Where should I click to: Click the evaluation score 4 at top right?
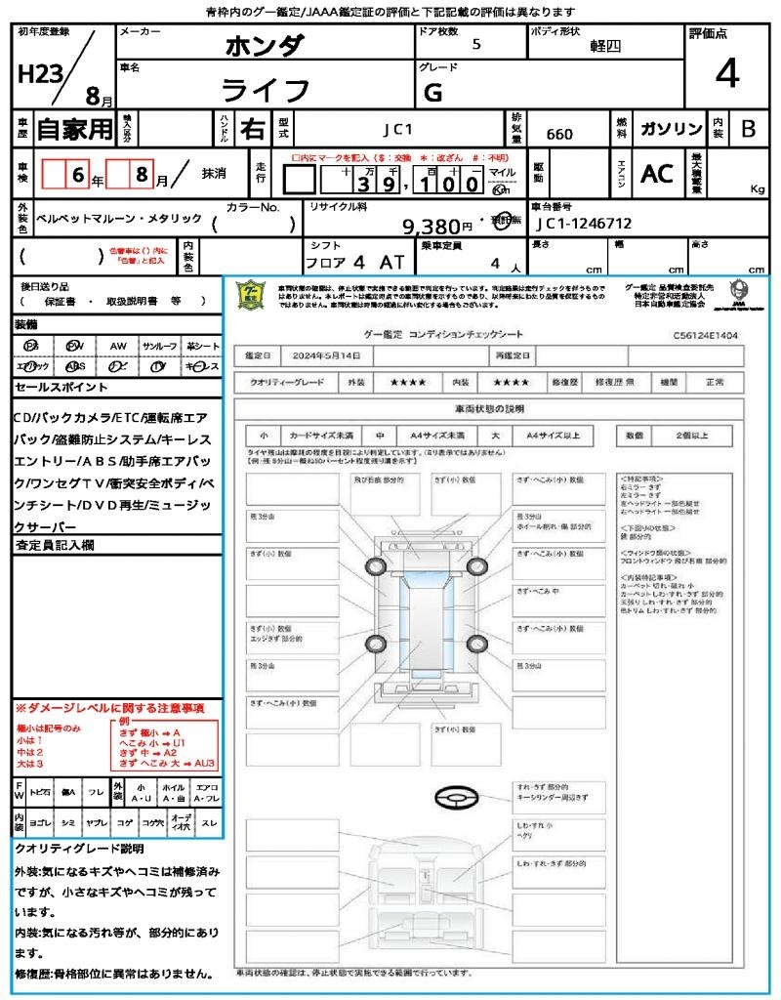(x=726, y=73)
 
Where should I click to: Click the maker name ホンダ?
(x=265, y=46)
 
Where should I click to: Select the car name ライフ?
(x=266, y=91)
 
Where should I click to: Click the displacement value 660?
(x=559, y=135)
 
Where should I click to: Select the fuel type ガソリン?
(x=671, y=129)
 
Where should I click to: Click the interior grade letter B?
(x=748, y=129)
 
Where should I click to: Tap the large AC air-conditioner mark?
(x=657, y=174)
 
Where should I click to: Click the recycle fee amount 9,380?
(x=432, y=227)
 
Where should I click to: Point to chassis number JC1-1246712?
(x=584, y=224)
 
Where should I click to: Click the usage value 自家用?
(x=75, y=128)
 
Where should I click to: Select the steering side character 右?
(x=253, y=128)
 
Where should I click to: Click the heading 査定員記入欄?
(x=55, y=545)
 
